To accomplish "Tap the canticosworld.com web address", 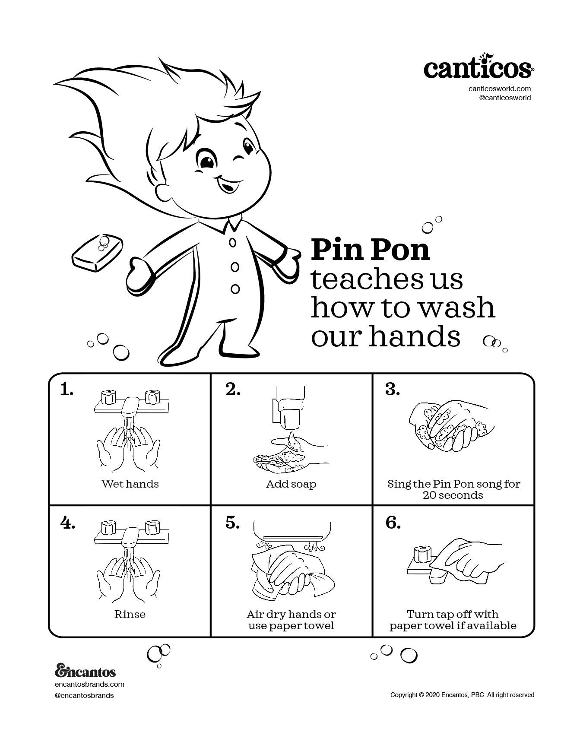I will [499, 89].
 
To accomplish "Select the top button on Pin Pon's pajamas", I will [233, 243].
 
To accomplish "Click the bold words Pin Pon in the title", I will [371, 250].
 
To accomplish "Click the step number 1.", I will [67, 390].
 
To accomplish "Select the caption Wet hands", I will [130, 484].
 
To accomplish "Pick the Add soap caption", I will [291, 484].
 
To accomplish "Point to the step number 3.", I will [392, 390].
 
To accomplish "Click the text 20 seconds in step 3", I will [453, 495].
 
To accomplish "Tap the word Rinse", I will [130, 614].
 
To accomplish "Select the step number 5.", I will [232, 523].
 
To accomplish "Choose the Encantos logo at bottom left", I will [86, 672].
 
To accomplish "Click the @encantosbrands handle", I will [85, 695].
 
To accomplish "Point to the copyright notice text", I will [462, 695].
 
